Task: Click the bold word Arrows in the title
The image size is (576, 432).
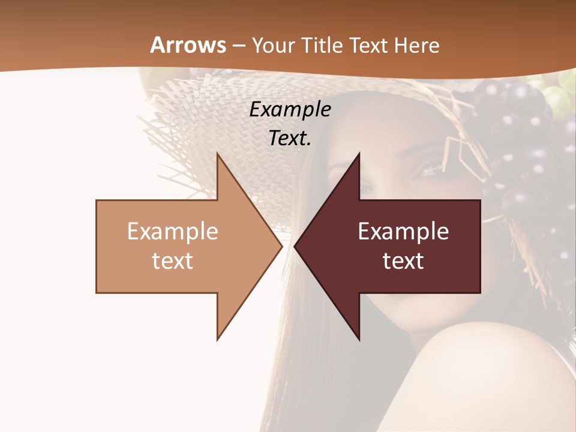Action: click(x=188, y=45)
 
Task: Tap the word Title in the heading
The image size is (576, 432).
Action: click(x=322, y=45)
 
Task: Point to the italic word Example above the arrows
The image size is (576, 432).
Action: click(x=290, y=109)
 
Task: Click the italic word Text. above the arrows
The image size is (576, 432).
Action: click(x=290, y=138)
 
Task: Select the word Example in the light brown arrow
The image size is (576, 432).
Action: click(x=173, y=232)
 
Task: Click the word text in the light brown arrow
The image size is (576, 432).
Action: click(x=173, y=260)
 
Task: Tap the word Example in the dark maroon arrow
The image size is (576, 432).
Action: click(x=403, y=232)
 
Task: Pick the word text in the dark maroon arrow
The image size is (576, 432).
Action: click(x=403, y=260)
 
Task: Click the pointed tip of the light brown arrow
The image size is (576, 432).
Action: click(x=281, y=246)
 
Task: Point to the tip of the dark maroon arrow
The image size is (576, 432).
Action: click(x=295, y=246)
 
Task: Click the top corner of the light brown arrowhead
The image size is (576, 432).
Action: click(x=218, y=154)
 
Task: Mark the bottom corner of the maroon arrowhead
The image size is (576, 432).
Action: click(x=359, y=340)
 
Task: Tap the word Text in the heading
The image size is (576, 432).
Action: click(x=368, y=45)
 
